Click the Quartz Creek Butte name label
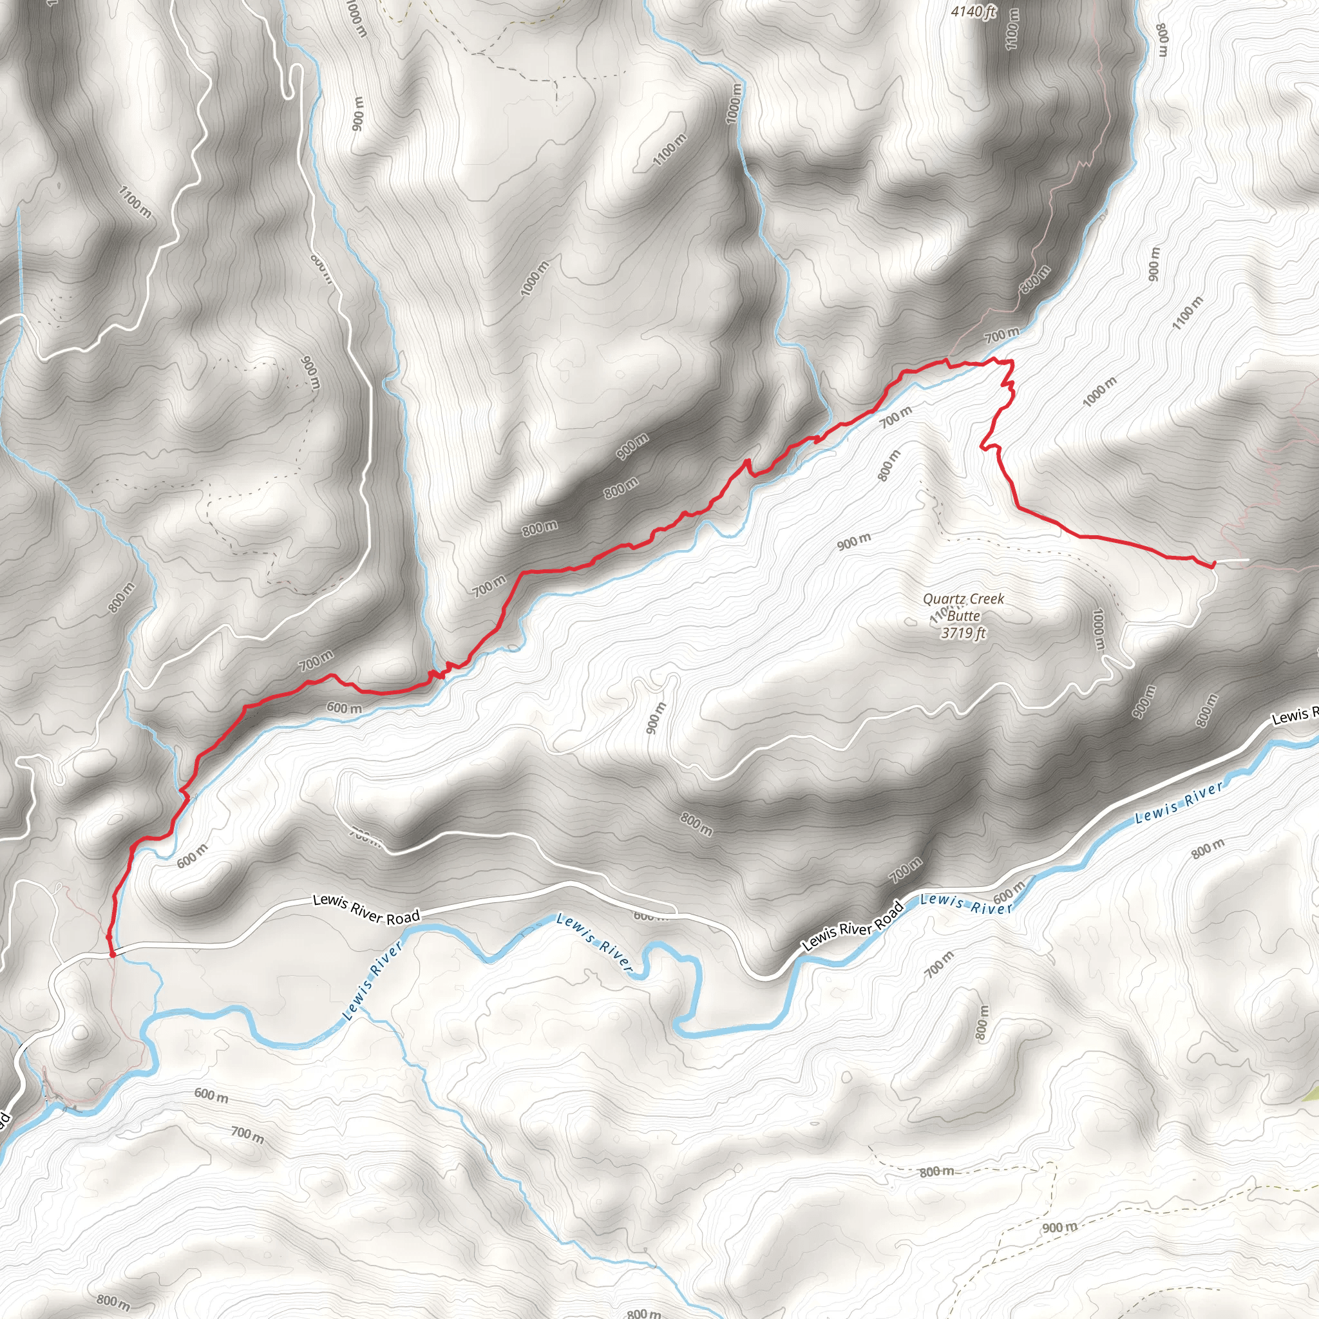963,606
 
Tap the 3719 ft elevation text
963,633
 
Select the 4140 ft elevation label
973,12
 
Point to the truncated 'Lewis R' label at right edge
1295,715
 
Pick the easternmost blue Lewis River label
1179,803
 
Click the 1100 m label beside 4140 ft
1012,29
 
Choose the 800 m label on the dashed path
936,1172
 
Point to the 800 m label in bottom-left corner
113,1302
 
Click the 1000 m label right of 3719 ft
1099,629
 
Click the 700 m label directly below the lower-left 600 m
247,1135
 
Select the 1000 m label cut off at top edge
356,18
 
